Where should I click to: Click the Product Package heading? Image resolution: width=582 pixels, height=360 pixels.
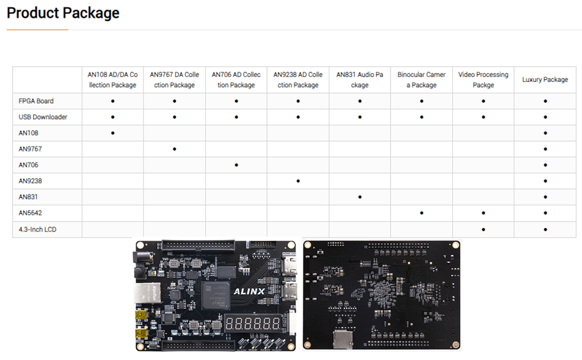(x=63, y=13)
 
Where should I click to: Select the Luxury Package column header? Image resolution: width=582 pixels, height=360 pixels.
(x=545, y=80)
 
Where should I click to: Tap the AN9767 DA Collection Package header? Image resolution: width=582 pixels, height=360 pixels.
(x=174, y=80)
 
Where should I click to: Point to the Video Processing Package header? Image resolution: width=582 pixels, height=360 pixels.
(x=483, y=80)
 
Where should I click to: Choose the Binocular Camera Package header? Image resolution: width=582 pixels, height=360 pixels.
(x=421, y=80)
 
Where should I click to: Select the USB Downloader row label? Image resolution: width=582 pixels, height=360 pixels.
(x=43, y=117)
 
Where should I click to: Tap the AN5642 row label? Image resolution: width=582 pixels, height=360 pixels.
(x=30, y=213)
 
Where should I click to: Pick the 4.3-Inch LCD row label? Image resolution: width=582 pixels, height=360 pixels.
(x=37, y=229)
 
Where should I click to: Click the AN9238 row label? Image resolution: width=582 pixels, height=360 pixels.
(x=30, y=181)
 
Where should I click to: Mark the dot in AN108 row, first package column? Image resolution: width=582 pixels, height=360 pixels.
(x=113, y=133)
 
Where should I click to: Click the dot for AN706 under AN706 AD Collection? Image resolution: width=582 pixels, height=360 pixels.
(x=236, y=164)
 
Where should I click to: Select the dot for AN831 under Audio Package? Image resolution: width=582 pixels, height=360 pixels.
(x=359, y=197)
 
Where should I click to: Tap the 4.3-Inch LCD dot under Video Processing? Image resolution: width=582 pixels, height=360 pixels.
(x=483, y=229)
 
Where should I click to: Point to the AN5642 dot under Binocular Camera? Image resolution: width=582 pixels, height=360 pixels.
(x=421, y=213)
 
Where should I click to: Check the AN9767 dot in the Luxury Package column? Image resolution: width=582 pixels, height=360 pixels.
(x=545, y=149)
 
